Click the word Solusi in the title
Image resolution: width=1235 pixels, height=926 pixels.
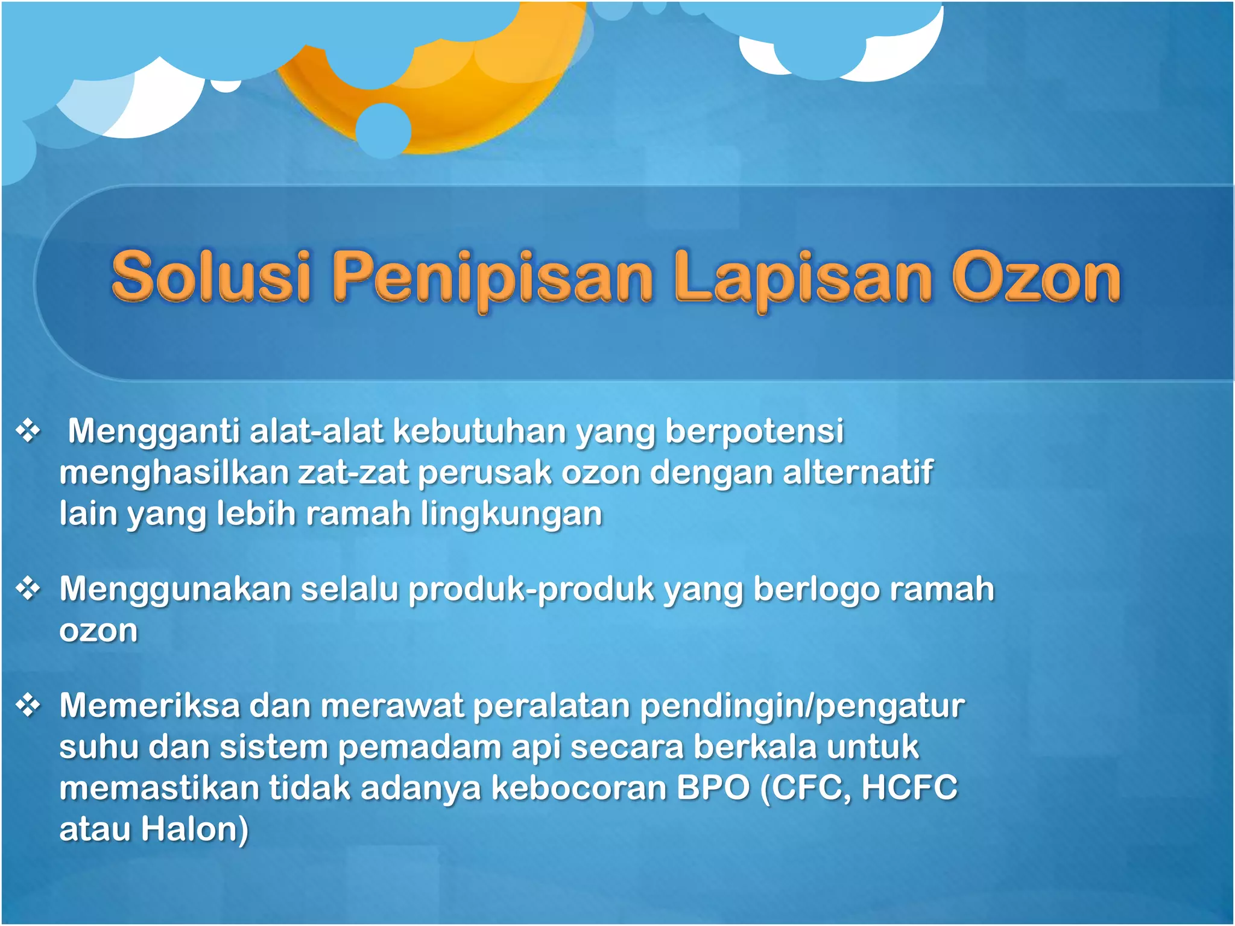pos(211,277)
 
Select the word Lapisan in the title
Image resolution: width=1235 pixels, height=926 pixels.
pos(803,279)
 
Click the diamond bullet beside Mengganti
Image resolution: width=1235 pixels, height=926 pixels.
pos(28,431)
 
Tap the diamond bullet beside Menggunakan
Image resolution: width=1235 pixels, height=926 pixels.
pos(28,588)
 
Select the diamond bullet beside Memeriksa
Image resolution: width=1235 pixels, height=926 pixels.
pos(28,705)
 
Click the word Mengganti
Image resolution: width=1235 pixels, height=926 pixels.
pos(153,432)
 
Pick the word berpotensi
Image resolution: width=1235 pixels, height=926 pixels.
pos(754,432)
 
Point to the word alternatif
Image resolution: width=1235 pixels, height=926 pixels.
pos(858,472)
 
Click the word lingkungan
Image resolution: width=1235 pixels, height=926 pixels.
pos(511,514)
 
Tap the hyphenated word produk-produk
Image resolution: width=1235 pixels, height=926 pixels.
pos(531,589)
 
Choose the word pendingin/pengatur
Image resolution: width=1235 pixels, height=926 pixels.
pos(802,707)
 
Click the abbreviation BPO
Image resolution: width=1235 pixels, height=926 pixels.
pos(713,787)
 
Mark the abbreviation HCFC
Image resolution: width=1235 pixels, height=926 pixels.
pos(909,787)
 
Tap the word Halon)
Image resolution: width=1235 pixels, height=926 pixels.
pos(194,829)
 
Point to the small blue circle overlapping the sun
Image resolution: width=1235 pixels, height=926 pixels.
pos(383,130)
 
